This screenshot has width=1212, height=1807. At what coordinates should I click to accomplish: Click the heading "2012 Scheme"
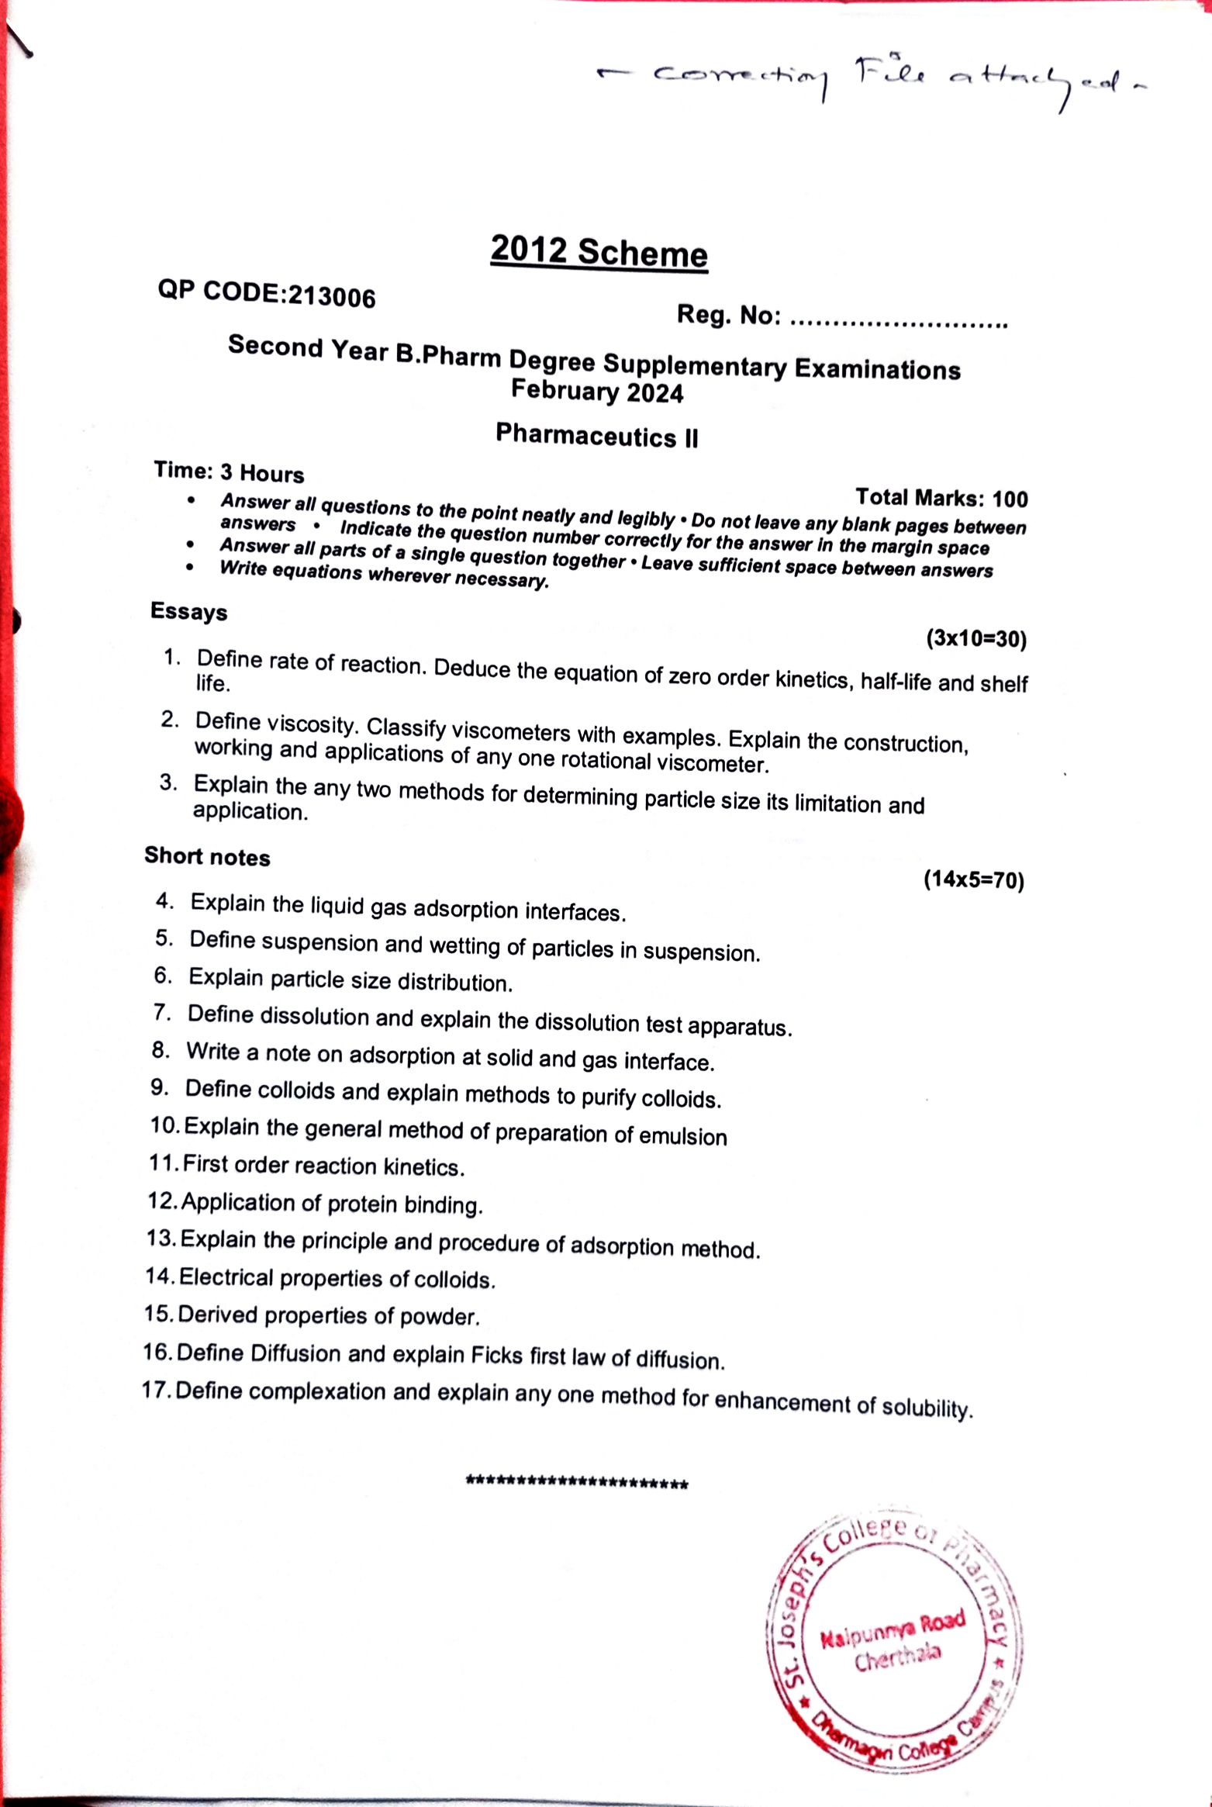(599, 252)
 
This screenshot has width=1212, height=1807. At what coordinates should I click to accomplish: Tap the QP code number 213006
(332, 296)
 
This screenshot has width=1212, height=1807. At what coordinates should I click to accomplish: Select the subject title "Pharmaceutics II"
(596, 436)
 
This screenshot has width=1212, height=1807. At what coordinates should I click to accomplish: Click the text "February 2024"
(596, 391)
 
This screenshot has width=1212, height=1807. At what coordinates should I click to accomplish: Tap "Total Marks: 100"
(941, 497)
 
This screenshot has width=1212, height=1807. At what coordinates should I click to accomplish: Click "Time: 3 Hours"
(229, 472)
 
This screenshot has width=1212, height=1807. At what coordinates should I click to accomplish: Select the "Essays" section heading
(188, 611)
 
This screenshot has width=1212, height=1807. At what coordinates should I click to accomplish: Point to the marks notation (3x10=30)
(976, 638)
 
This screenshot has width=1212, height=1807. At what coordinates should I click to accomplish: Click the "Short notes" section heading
(207, 856)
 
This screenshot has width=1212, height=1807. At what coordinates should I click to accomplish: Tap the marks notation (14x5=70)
(973, 880)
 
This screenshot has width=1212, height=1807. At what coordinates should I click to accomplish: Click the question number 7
(161, 1012)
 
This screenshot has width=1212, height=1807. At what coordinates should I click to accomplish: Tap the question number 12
(163, 1201)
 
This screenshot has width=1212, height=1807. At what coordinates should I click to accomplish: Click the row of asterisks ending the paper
(576, 1483)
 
